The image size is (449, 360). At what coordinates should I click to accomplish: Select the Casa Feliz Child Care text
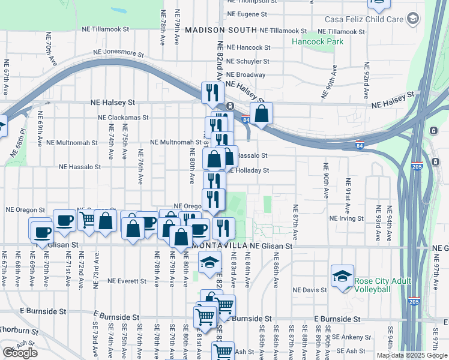tap(364, 19)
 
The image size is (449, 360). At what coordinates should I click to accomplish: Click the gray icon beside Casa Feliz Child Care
tap(412, 19)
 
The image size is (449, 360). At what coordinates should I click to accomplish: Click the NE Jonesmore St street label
tap(119, 53)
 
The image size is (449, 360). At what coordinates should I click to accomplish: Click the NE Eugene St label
tap(247, 14)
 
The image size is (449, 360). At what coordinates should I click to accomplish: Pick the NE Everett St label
tap(128, 281)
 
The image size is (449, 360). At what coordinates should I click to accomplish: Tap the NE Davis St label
tap(310, 290)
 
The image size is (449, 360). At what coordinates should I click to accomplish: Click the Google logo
tap(20, 352)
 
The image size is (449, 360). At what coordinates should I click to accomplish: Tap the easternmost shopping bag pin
tap(262, 113)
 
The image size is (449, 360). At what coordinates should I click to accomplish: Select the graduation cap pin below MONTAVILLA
tap(209, 263)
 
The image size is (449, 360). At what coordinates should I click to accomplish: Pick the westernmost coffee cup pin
tap(41, 231)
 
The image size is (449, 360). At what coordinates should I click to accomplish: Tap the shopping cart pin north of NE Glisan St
tap(88, 221)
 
